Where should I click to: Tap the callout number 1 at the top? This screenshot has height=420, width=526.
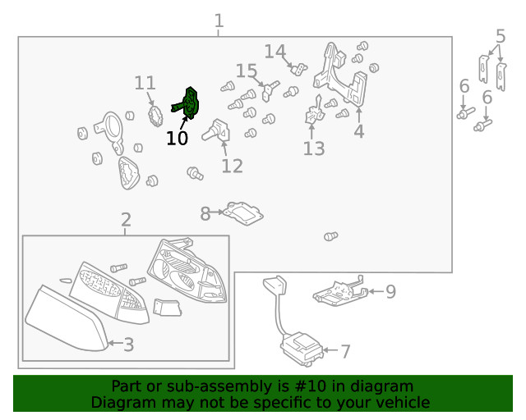click(219, 21)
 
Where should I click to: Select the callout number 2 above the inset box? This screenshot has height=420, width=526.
click(126, 220)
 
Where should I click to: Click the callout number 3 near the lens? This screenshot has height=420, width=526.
click(128, 345)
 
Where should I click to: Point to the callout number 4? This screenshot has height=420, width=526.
click(359, 131)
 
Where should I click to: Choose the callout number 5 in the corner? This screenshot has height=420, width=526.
click(501, 36)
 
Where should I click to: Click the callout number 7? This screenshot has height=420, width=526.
click(345, 351)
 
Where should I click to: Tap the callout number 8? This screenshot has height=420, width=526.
click(205, 213)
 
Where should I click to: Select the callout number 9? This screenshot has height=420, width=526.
click(391, 292)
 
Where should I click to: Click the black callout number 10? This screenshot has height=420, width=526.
click(178, 139)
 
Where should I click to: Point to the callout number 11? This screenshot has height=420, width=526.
click(145, 83)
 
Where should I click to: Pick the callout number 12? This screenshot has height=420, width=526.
click(232, 167)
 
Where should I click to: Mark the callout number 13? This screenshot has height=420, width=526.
click(314, 148)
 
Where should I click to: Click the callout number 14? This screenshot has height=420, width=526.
click(275, 52)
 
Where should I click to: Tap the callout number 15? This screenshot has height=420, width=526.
click(247, 71)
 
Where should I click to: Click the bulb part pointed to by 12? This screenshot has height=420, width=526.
click(217, 130)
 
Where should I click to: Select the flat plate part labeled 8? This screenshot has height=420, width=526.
click(243, 213)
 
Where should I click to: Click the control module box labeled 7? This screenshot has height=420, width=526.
click(302, 349)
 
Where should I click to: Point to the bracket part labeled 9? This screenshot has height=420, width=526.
click(340, 292)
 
